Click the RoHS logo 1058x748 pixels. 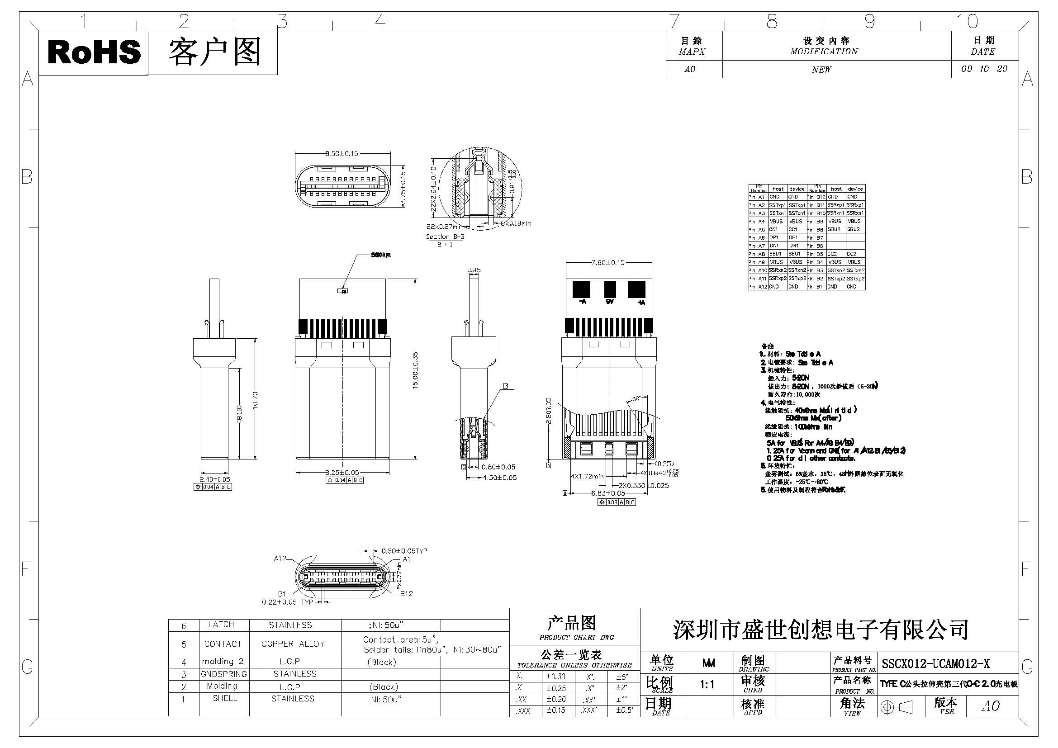pos(94,52)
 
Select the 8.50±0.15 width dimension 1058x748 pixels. pos(342,153)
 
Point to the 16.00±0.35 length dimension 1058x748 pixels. pos(415,370)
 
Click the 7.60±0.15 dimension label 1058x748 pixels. pos(608,263)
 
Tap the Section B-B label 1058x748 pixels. pos(445,237)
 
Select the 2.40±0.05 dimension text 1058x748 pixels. pos(215,479)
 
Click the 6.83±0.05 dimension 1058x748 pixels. pos(608,493)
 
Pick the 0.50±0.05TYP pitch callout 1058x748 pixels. pos(404,551)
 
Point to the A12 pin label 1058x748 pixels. pos(280,559)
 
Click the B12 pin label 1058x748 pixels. pos(406,593)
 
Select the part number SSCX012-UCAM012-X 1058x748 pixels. pos(935,664)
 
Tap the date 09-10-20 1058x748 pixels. pos(984,69)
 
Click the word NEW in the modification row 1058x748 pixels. pos(821,70)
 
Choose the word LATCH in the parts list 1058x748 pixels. pos(221,625)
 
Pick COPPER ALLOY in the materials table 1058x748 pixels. pos(293,644)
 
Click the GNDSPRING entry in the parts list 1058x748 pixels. pos(223,674)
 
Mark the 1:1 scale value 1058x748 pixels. pos(707,685)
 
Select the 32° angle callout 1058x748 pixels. pos(636,399)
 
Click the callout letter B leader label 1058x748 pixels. pos(505,386)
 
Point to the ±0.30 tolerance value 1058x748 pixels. pos(556,677)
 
